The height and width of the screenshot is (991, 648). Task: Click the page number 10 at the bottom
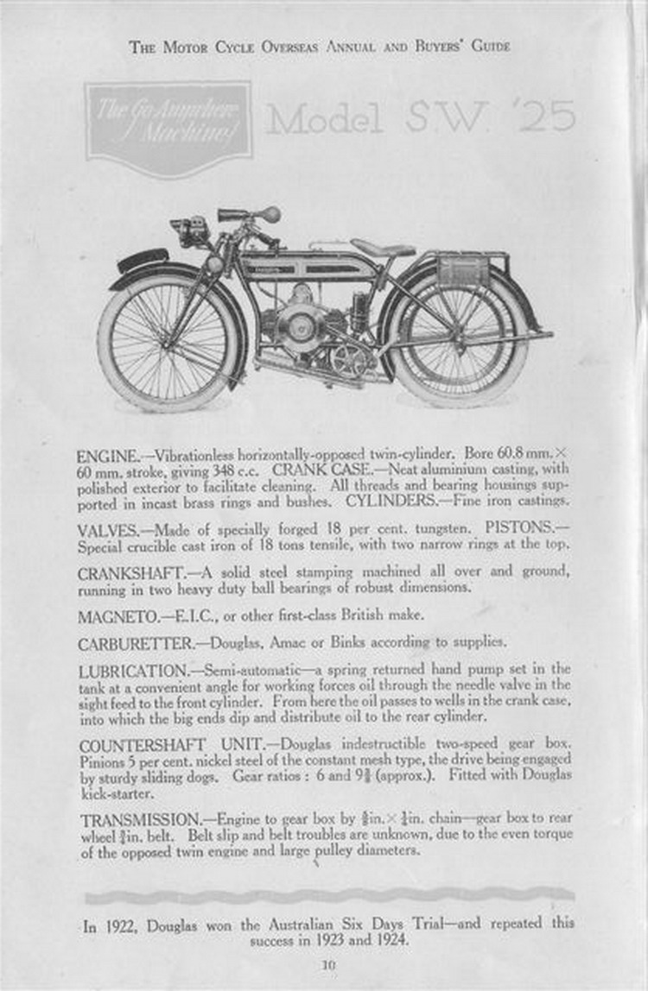[x=327, y=964]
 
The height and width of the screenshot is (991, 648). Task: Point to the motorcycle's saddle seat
[x=383, y=248]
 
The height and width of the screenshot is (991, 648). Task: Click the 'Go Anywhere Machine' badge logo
[x=168, y=129]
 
